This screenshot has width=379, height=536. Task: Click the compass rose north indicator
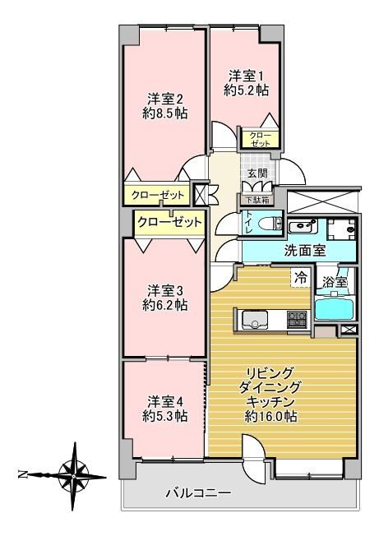pyautogui.click(x=22, y=474)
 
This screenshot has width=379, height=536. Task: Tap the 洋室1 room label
pyautogui.click(x=246, y=75)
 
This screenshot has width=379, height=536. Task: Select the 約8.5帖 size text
pyautogui.click(x=164, y=113)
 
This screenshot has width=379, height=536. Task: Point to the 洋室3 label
pyautogui.click(x=165, y=292)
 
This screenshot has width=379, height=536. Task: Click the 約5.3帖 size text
pyautogui.click(x=165, y=416)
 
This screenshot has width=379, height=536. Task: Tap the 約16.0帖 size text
pyautogui.click(x=270, y=416)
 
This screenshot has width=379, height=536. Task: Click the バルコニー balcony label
pyautogui.click(x=198, y=493)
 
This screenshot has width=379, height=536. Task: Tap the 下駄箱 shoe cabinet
pyautogui.click(x=256, y=200)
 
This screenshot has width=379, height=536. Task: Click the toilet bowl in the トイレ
pyautogui.click(x=270, y=224)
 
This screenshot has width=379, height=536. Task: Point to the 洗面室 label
pyautogui.click(x=305, y=251)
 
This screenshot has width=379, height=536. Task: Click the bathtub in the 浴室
pyautogui.click(x=333, y=309)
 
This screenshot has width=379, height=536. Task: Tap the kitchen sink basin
pyautogui.click(x=255, y=321)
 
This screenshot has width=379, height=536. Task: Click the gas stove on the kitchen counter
pyautogui.click(x=297, y=319)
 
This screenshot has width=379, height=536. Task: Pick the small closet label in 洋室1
pyautogui.click(x=261, y=139)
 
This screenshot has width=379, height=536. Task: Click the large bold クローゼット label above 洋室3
pyautogui.click(x=170, y=223)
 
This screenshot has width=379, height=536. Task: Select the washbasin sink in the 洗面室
pyautogui.click(x=303, y=226)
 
